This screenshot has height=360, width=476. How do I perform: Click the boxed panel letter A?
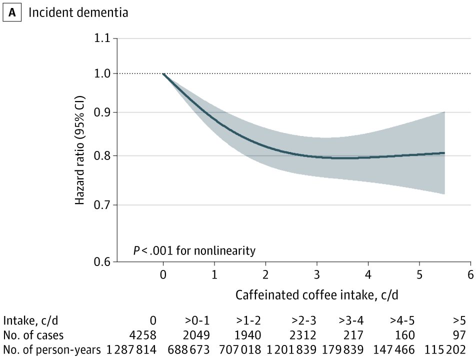(13, 12)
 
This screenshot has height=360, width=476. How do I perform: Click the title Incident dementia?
(78, 12)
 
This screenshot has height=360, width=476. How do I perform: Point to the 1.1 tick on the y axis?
(102, 38)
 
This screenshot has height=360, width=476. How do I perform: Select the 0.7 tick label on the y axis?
(102, 205)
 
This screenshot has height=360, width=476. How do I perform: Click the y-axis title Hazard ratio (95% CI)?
(80, 149)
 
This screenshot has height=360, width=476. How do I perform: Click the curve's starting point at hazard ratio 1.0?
(163, 73)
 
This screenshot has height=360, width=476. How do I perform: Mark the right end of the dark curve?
(444, 153)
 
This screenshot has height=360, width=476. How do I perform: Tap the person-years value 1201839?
(288, 349)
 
